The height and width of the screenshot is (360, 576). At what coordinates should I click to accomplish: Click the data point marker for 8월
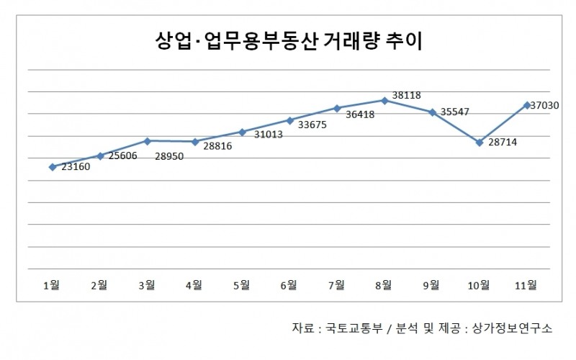385,100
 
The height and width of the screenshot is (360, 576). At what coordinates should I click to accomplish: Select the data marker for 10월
479,143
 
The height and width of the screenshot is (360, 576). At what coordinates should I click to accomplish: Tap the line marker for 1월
52,167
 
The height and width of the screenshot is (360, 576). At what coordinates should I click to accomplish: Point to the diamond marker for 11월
526,105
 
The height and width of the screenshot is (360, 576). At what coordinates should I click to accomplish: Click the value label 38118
406,95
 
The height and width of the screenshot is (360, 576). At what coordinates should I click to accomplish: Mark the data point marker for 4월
194,142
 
